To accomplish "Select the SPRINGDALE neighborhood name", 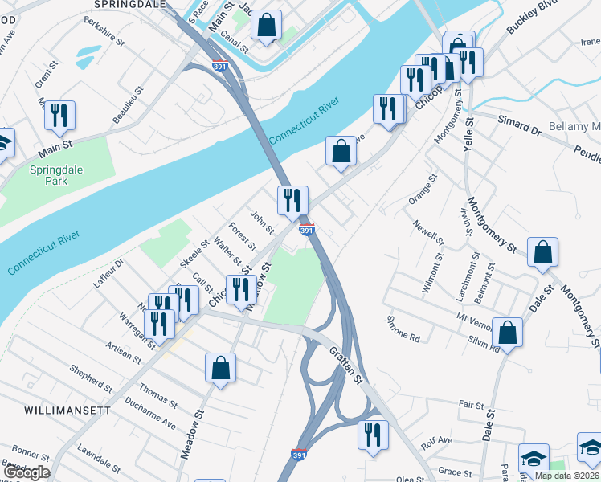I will [x=129, y=4].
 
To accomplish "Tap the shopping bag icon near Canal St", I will [x=266, y=26].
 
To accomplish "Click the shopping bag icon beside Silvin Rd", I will [x=508, y=331].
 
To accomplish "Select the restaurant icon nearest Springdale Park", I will [x=59, y=116].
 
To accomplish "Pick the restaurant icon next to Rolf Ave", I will [x=372, y=435].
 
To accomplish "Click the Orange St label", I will [x=422, y=188].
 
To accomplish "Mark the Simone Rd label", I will [x=403, y=333].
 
